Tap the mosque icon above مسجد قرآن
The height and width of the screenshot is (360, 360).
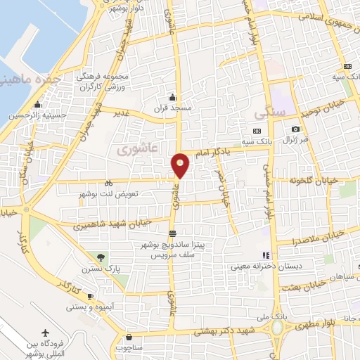(172, 98)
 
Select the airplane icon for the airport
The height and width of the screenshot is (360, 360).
(46, 332)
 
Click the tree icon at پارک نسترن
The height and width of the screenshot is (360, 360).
(101, 257)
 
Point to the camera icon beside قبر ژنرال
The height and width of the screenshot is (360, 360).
(296, 129)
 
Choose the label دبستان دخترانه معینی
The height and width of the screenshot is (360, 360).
(274, 266)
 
